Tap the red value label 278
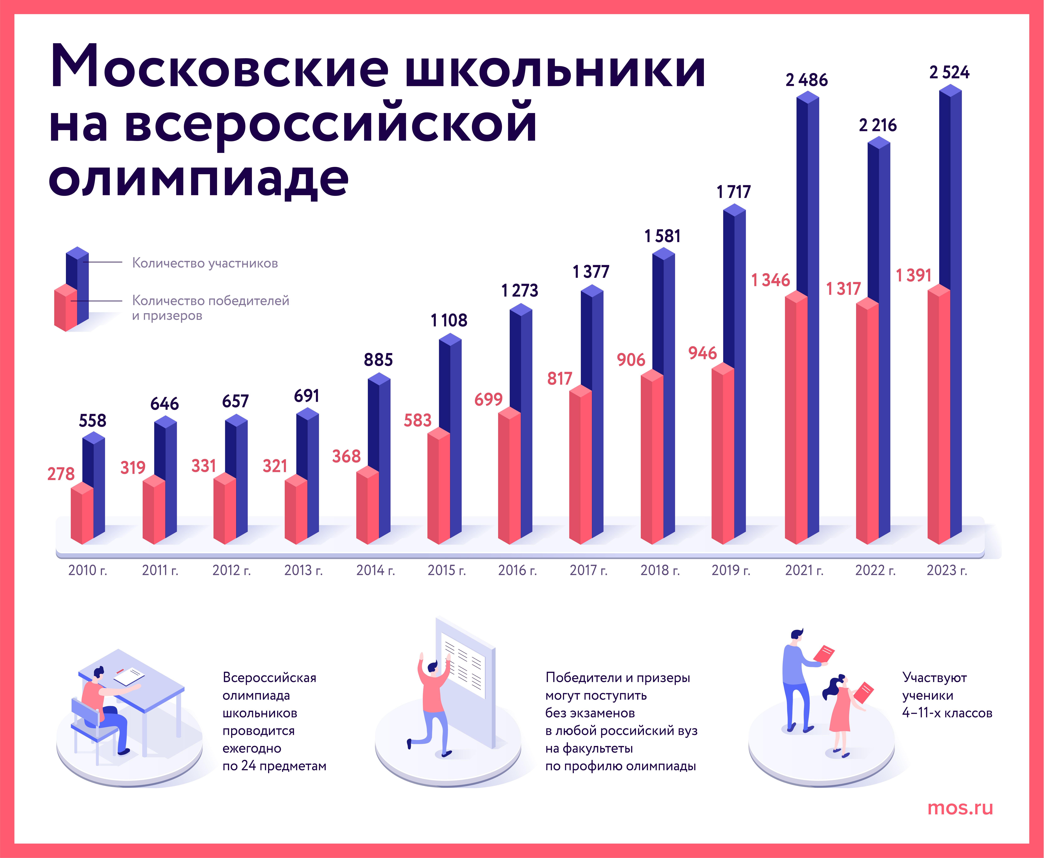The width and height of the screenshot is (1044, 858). (x=61, y=474)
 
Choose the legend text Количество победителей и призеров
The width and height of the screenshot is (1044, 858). (x=210, y=308)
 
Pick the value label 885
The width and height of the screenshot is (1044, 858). (x=378, y=360)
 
